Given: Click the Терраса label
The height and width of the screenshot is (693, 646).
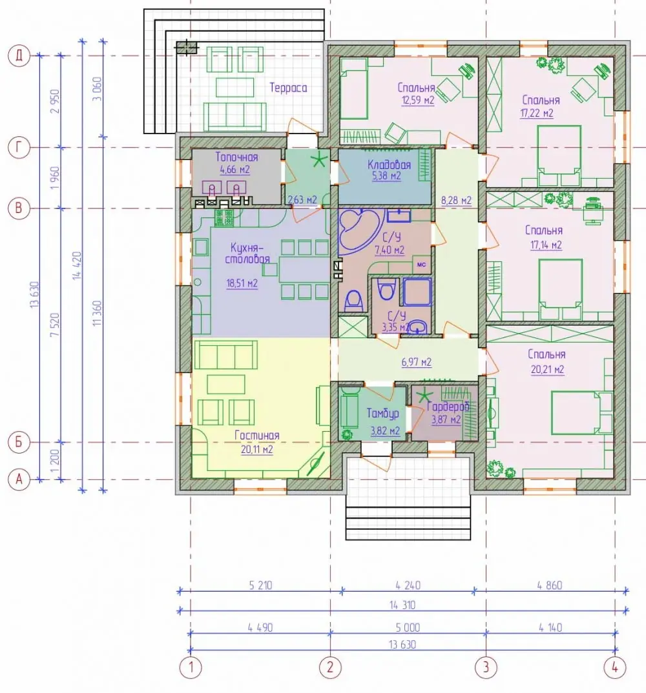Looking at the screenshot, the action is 288,88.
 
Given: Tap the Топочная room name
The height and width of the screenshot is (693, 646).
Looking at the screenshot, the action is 236,157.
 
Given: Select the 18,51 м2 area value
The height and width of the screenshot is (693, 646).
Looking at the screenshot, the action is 242,283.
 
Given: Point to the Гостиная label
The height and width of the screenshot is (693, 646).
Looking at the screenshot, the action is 256,436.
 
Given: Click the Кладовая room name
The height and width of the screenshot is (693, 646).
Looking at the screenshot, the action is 389,165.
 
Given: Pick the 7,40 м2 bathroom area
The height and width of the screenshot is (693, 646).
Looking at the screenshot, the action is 390,250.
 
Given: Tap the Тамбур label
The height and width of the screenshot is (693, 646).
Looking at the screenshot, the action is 382,414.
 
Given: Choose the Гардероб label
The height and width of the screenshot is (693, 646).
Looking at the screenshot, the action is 448,407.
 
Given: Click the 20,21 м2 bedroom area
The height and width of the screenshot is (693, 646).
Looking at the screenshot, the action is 547,370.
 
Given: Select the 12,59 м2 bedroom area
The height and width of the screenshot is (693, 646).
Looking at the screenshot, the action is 418,101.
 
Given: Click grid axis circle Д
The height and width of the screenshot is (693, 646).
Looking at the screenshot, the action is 19,55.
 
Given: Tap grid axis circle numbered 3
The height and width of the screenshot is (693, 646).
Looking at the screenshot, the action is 486,667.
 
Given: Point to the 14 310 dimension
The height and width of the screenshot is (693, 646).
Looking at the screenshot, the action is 402,605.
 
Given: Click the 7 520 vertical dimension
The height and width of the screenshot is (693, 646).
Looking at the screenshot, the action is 54,325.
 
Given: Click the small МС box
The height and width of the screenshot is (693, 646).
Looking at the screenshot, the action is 422,265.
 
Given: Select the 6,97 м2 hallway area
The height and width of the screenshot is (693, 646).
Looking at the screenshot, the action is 417,363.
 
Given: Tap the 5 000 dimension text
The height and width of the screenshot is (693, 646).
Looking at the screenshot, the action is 408,628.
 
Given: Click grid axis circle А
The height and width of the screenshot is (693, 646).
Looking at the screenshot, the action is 19,479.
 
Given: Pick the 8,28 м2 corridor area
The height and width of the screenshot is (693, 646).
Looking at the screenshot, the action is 456,201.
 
